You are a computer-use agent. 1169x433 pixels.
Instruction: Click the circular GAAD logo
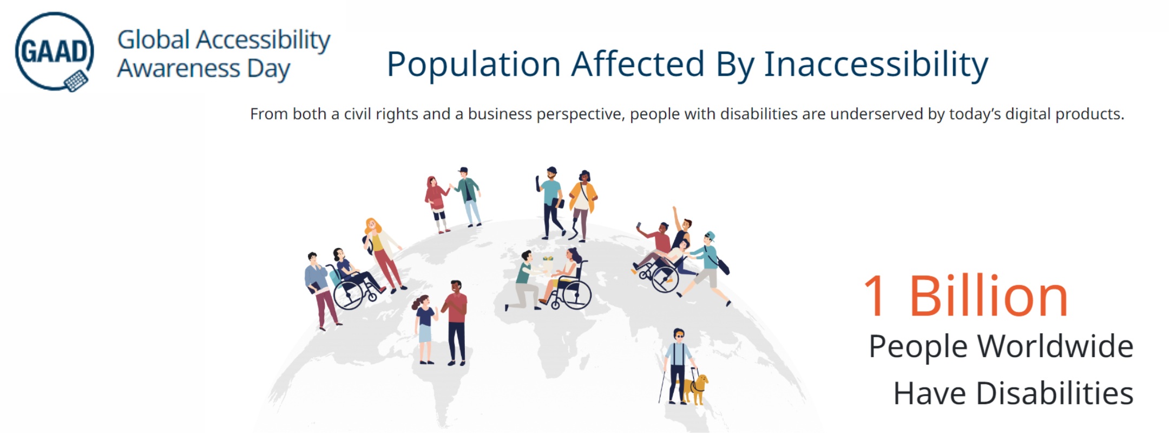[54, 51]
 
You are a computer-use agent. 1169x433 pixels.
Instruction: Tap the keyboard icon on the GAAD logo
[76, 81]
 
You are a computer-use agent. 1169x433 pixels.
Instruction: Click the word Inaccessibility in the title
[876, 64]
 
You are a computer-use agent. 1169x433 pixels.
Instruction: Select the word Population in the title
[473, 64]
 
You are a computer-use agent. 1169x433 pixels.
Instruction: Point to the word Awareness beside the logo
[179, 69]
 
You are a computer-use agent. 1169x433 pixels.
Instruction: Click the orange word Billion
[988, 297]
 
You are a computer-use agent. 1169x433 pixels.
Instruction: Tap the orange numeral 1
[875, 297]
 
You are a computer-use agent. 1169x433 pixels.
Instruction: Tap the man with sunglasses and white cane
[677, 365]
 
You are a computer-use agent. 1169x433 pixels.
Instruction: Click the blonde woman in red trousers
[382, 252]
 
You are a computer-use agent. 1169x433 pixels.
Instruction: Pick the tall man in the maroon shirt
[456, 322]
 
